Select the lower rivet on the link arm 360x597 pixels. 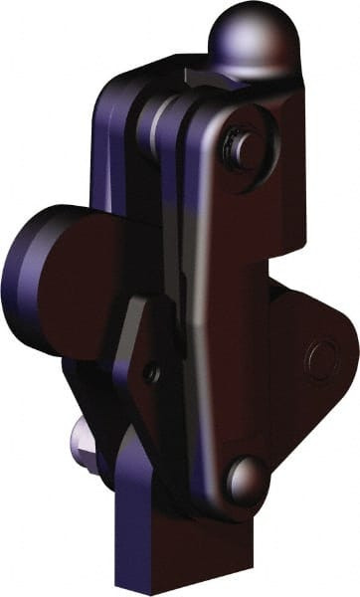[x=246, y=479]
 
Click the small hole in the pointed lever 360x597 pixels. [x=151, y=373]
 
